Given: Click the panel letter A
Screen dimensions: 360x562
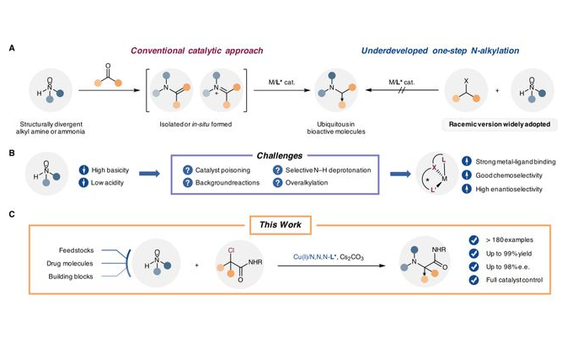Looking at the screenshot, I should [x=11, y=49].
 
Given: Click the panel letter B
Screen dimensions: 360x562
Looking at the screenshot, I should [x=11, y=155].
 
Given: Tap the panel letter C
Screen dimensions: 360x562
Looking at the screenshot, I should [x=11, y=214].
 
